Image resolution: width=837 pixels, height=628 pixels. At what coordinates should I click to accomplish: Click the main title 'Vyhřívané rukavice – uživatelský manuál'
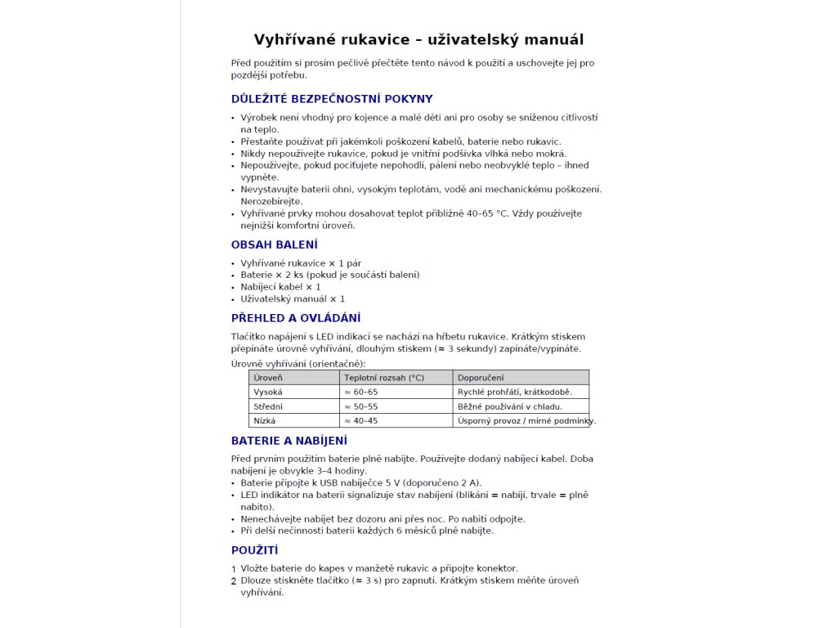click(418, 40)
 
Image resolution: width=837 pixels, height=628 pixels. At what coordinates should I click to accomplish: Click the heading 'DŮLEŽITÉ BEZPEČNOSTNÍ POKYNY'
click(332, 99)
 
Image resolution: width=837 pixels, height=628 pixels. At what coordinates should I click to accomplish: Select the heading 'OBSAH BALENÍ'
click(275, 244)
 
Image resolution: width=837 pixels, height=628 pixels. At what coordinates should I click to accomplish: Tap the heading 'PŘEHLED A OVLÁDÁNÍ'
click(296, 318)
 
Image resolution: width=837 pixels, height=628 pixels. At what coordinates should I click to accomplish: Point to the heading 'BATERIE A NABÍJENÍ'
click(289, 441)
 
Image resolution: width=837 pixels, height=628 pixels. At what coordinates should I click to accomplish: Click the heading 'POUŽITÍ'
click(255, 550)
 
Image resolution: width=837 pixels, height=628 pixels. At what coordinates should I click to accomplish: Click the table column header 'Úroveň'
click(268, 378)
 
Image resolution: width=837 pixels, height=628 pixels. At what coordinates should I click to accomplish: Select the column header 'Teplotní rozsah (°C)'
click(384, 378)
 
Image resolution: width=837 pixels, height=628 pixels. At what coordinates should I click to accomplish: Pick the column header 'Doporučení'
click(481, 378)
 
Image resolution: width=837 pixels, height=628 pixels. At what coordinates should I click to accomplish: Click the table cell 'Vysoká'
click(268, 392)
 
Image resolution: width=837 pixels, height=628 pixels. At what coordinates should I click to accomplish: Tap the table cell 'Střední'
click(269, 406)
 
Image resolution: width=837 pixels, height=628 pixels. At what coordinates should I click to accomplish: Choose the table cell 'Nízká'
click(265, 421)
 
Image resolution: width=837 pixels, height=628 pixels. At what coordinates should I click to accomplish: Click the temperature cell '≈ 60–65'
click(361, 392)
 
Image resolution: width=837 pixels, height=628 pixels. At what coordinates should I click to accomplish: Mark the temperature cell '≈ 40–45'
click(361, 421)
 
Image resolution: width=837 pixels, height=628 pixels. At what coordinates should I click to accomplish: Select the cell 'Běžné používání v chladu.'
click(510, 406)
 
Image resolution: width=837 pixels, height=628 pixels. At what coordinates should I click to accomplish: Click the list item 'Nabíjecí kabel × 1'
click(280, 287)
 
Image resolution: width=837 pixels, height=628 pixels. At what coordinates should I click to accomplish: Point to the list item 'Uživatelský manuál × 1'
click(293, 299)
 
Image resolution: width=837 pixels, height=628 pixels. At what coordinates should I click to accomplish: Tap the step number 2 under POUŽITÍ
click(234, 581)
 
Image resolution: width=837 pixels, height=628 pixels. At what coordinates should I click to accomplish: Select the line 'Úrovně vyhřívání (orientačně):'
click(298, 363)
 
